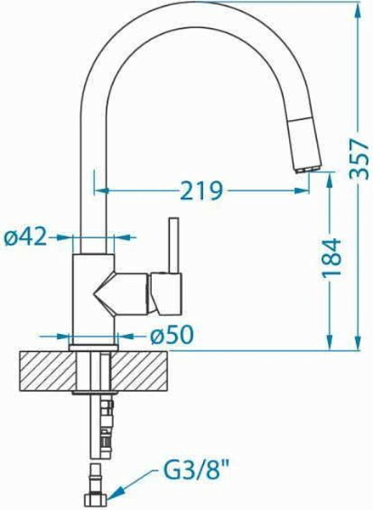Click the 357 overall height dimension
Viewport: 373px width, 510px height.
click(359, 159)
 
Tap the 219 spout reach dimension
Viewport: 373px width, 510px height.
click(201, 190)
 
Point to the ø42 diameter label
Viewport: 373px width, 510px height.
click(25, 237)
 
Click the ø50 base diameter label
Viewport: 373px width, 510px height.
click(172, 336)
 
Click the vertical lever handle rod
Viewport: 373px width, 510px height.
click(173, 246)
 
